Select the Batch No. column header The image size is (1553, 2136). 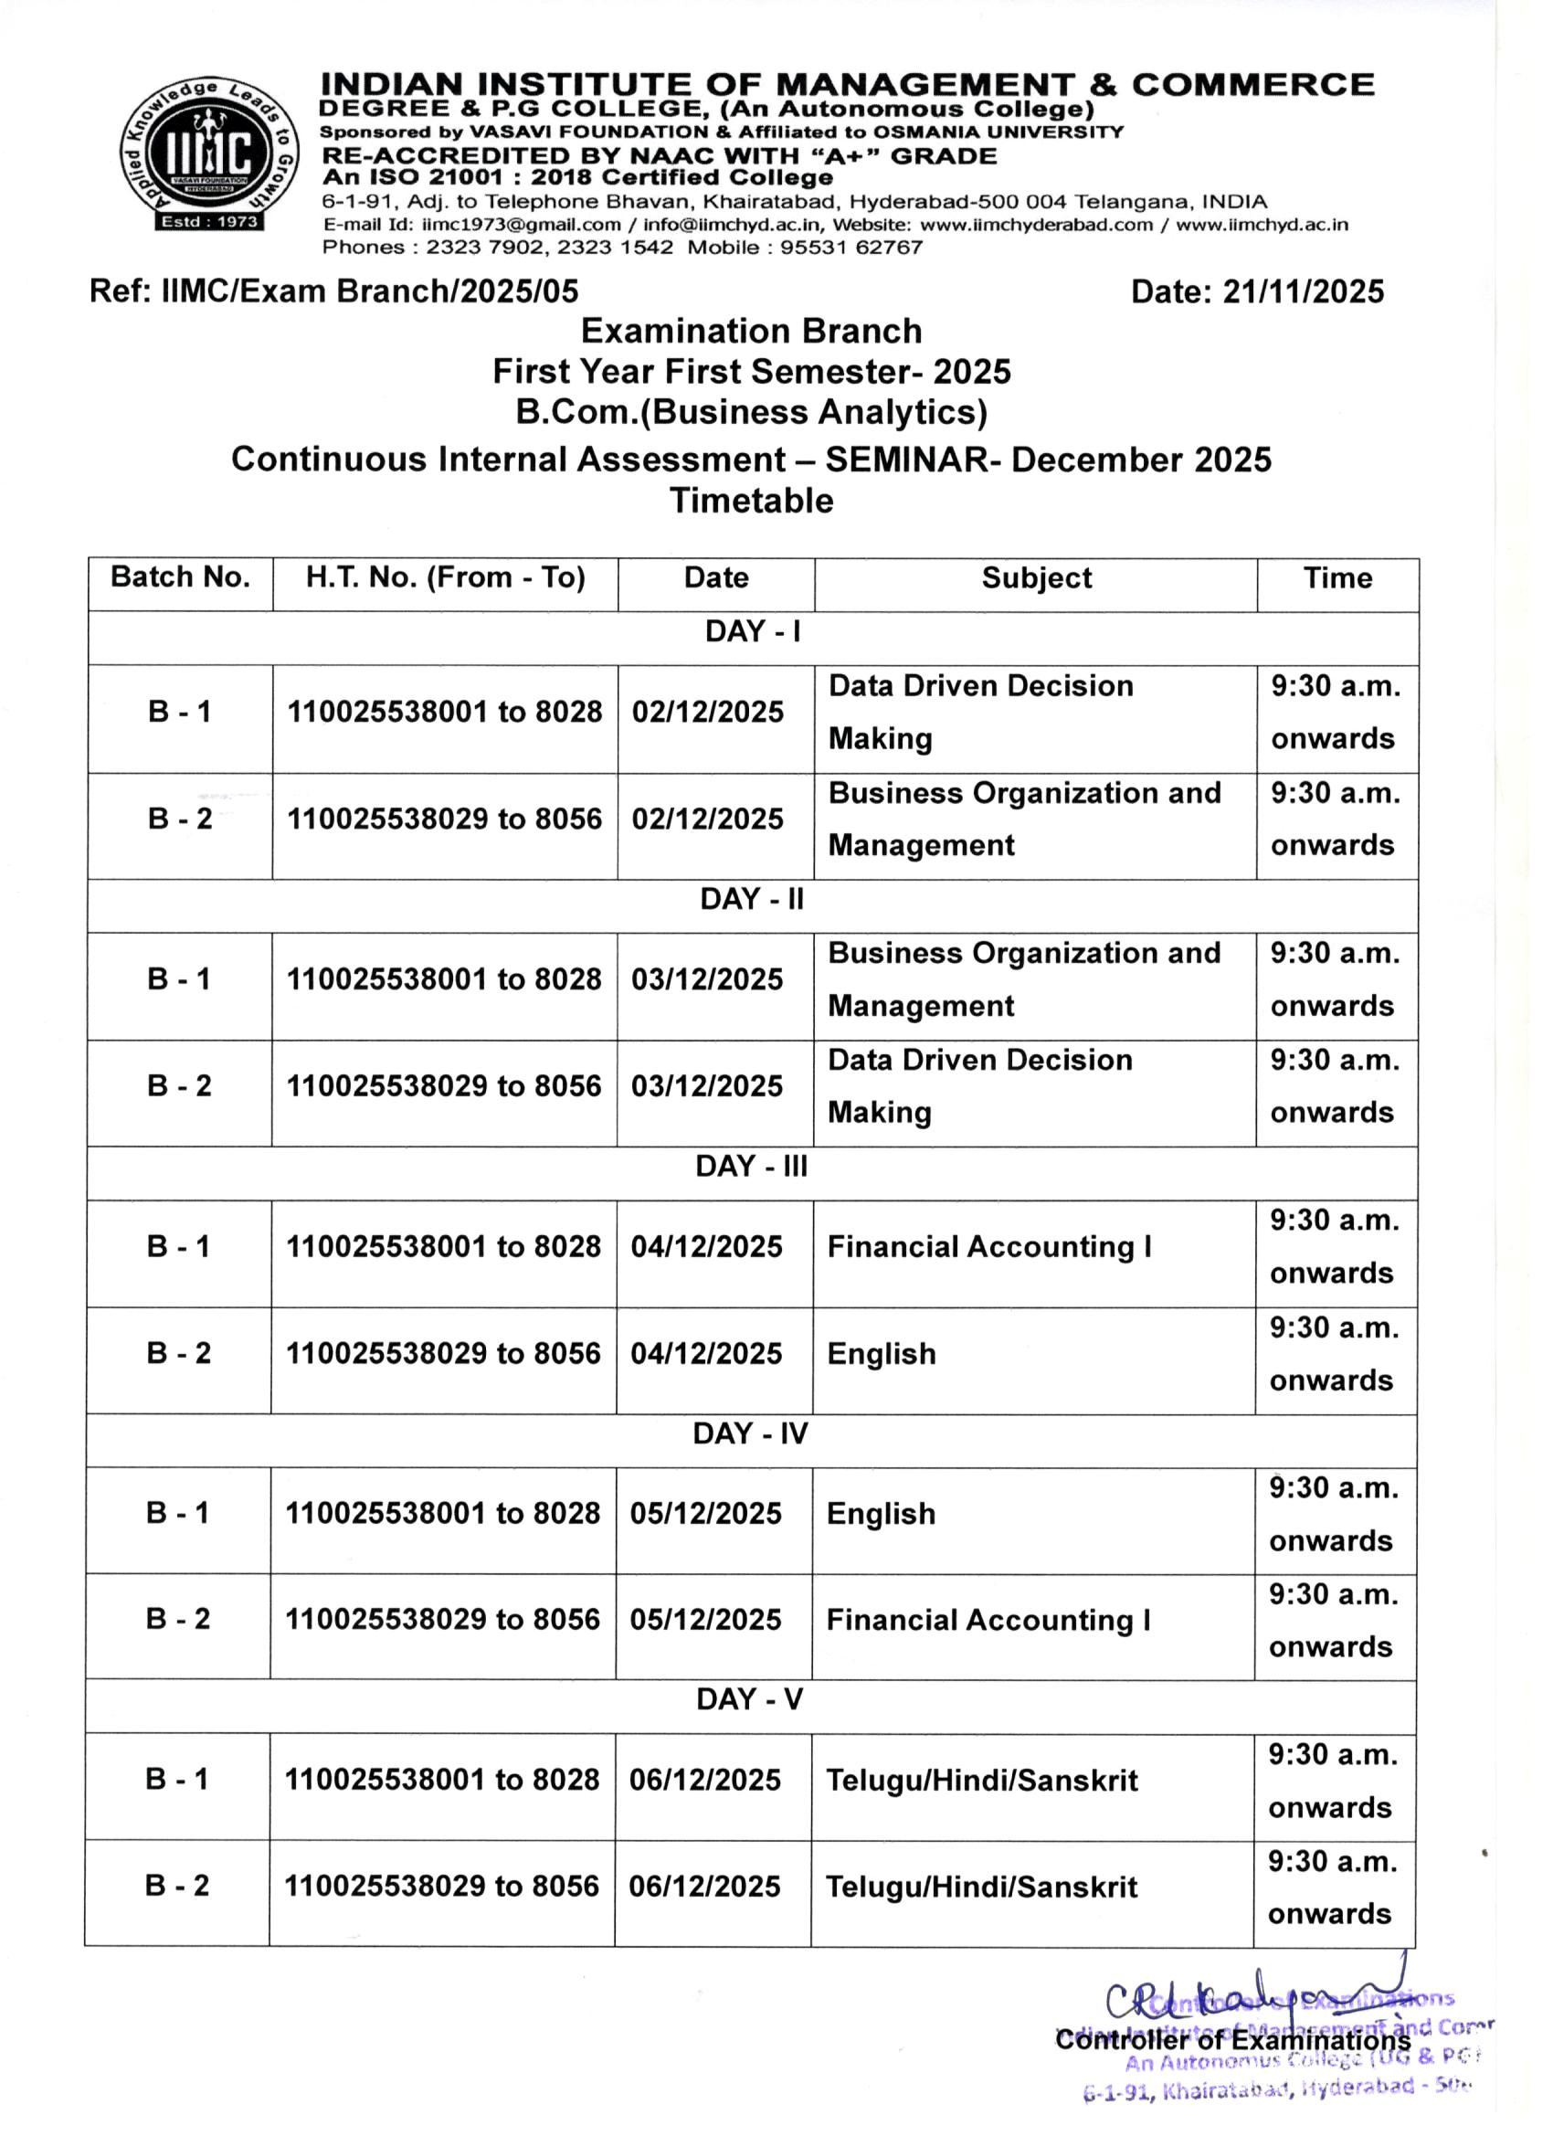point(180,577)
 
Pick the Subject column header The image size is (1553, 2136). point(1036,578)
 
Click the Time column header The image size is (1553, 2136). point(1337,578)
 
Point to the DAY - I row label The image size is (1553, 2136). point(753,632)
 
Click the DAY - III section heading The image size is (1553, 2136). point(752,1167)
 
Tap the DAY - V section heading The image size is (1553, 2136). point(750,1700)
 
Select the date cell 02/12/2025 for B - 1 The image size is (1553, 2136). point(707,712)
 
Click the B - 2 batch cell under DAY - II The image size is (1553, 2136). point(179,1086)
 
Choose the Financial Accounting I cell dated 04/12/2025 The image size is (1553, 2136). point(988,1247)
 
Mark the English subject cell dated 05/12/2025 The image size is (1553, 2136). point(882,1515)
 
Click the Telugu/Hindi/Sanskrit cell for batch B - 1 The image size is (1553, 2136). point(981,1781)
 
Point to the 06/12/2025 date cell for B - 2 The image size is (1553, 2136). point(705,1888)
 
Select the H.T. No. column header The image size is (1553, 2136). point(446,577)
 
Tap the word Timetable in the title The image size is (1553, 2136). point(752,501)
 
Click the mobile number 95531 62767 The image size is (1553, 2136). point(851,248)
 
